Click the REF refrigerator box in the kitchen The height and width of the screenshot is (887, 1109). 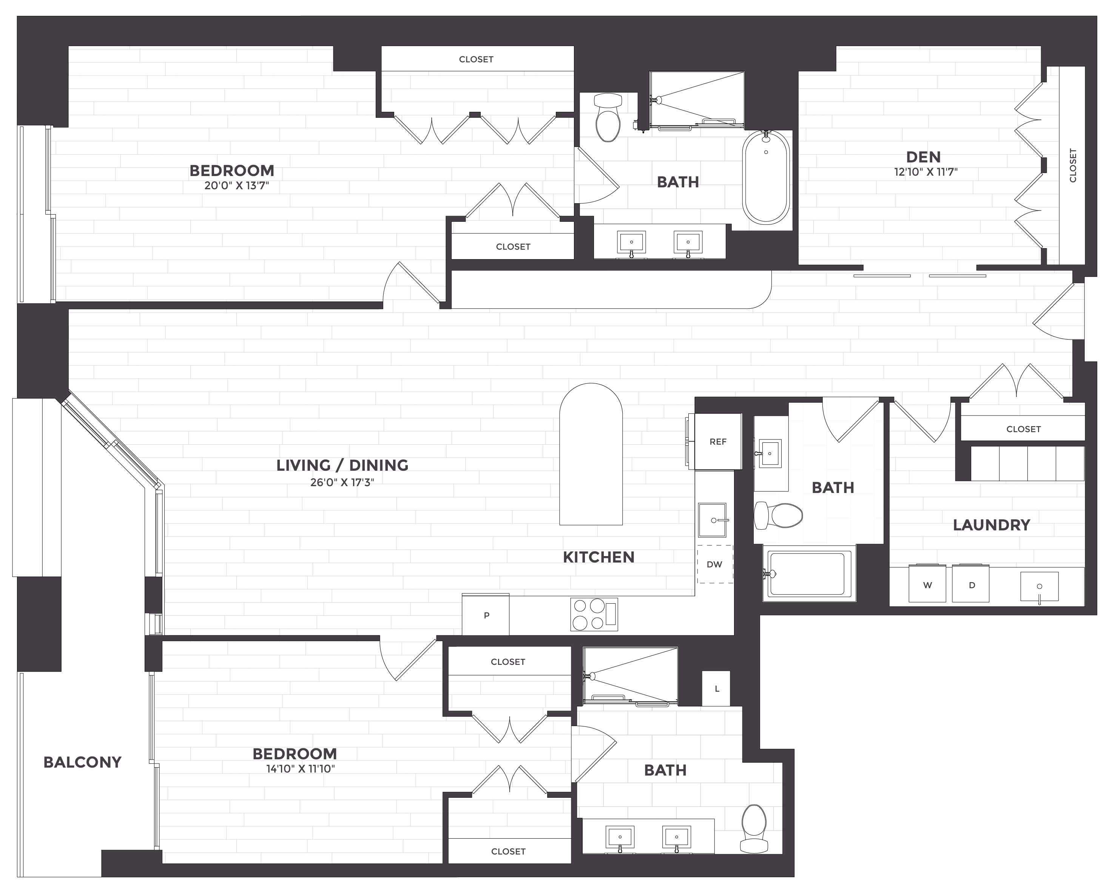click(718, 442)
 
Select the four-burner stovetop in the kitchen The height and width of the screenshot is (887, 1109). click(594, 614)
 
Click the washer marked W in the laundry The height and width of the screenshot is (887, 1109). click(927, 584)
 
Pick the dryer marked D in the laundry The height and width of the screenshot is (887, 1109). click(971, 584)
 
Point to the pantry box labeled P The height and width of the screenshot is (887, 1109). click(486, 615)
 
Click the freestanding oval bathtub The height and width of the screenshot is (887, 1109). click(766, 178)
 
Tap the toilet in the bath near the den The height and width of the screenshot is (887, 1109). click(608, 117)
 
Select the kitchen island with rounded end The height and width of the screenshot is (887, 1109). click(591, 455)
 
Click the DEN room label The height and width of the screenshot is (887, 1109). click(923, 157)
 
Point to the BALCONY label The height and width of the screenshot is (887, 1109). click(82, 762)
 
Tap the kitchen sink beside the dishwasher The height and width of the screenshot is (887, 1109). click(713, 520)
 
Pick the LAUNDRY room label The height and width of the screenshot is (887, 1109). click(991, 525)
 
